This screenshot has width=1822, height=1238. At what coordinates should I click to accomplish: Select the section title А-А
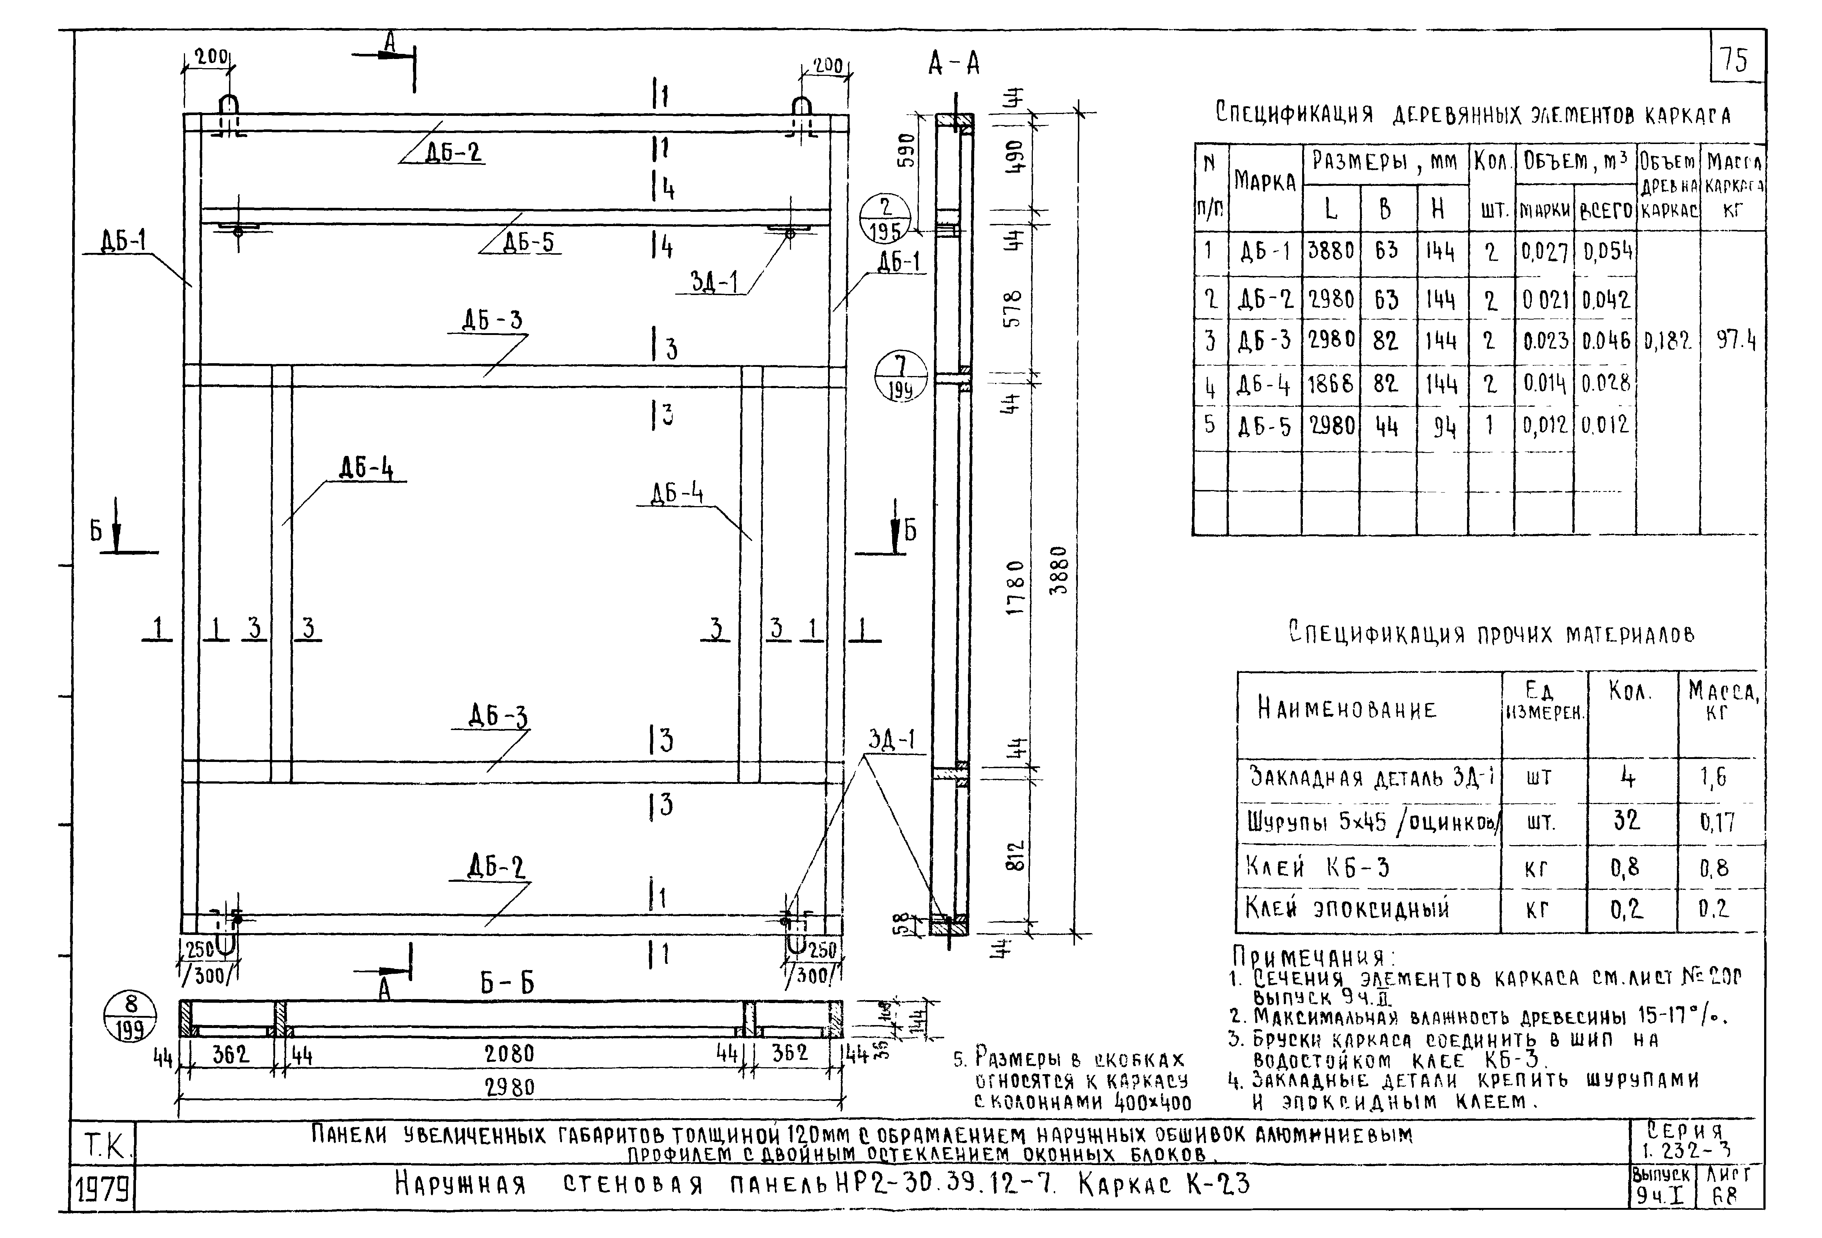(953, 63)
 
